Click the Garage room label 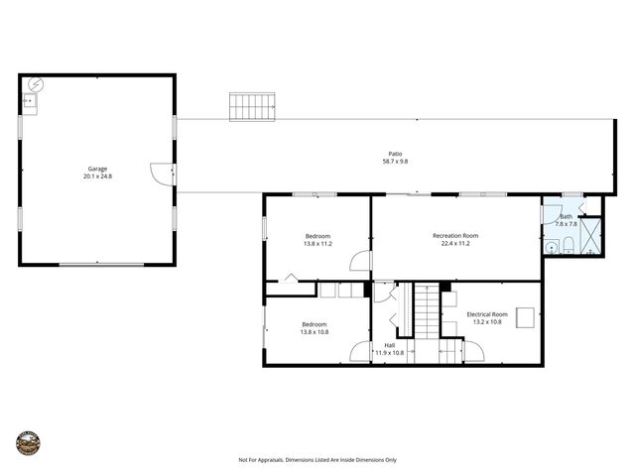97,169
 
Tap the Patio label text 395,154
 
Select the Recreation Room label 455,235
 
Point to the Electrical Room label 487,314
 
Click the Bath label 566,216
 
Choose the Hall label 389,345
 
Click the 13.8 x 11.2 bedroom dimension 317,243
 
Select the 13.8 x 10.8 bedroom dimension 315,332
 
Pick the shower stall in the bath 588,236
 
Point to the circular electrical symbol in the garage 37,84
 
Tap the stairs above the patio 252,106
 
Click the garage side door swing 162,172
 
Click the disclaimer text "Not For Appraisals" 260,460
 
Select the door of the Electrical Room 473,351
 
